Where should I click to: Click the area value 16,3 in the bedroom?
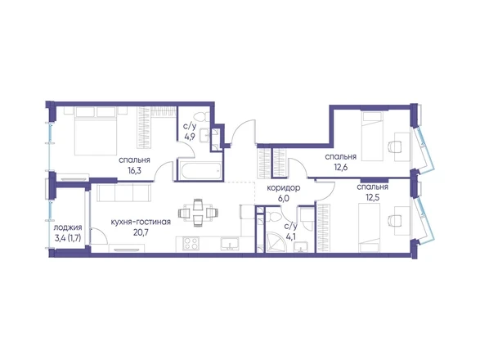point(135,170)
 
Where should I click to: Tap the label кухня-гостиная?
point(141,222)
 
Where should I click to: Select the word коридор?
point(284,188)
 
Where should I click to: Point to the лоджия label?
point(68,227)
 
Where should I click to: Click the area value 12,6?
point(341,167)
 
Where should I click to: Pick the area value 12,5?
point(373,197)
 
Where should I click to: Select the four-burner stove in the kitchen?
point(191,244)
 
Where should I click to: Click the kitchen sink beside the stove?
point(230,244)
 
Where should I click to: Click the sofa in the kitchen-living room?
point(123,193)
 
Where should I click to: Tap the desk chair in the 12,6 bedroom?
point(393,145)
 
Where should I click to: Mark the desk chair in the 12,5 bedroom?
point(393,220)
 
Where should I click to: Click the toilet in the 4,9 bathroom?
point(203,116)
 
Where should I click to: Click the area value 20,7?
point(141,233)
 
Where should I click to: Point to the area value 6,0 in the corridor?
point(284,199)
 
